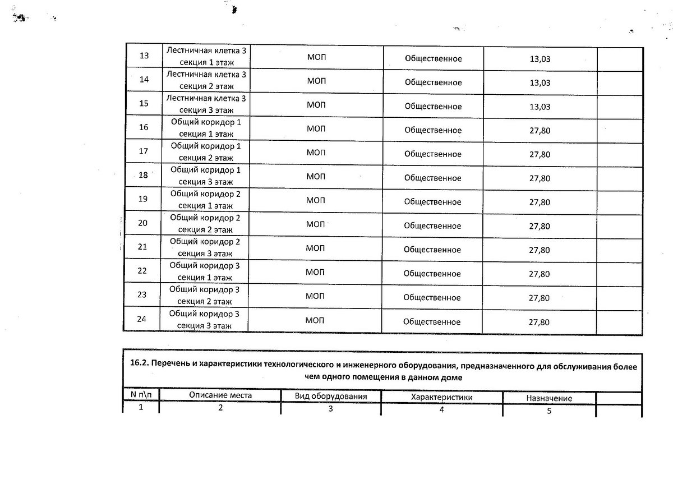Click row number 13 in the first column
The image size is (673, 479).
click(x=144, y=56)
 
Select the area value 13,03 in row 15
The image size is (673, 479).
click(x=540, y=107)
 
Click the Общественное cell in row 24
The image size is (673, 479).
click(x=432, y=322)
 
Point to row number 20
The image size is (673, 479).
click(x=142, y=223)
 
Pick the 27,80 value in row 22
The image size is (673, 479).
click(x=539, y=274)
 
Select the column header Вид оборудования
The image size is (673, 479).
click(x=331, y=397)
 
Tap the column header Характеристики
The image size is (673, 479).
click(x=442, y=397)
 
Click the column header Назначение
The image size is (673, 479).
click(x=549, y=398)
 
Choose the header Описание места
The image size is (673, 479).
click(x=220, y=395)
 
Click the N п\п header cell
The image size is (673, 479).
click(x=141, y=394)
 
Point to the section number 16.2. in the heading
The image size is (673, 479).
click(x=141, y=366)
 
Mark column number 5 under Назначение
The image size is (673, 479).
click(x=549, y=411)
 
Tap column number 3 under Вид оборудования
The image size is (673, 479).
click(x=331, y=409)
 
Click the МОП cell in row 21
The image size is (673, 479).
click(x=316, y=250)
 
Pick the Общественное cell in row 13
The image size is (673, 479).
click(x=433, y=58)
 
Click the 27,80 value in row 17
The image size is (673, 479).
click(x=540, y=155)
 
